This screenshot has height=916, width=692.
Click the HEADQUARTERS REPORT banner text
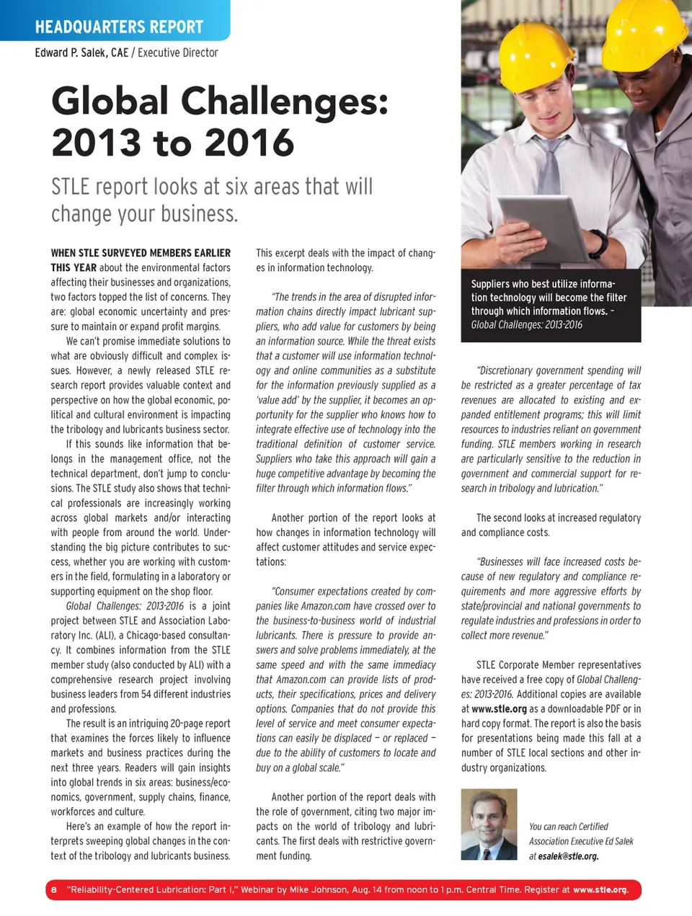pos(119,27)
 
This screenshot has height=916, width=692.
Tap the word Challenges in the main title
pos(284,101)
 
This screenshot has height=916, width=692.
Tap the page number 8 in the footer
pos(53,889)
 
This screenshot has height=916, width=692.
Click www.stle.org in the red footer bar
pos(600,889)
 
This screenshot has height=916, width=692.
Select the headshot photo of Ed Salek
pos(489,824)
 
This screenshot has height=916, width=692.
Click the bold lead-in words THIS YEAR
pos(74,268)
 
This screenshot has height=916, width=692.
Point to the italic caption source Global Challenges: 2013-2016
pos(526,325)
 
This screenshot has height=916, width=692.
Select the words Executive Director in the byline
pos(178,53)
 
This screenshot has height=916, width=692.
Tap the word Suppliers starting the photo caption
pos(490,284)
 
